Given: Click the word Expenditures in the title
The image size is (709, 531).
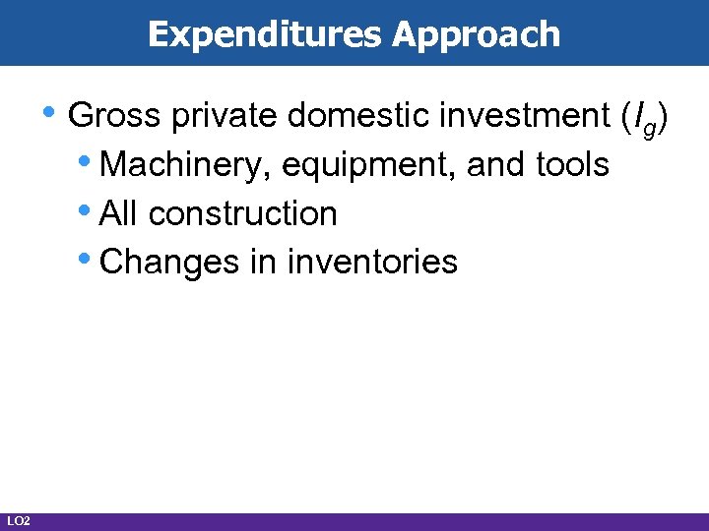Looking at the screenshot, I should coord(265,34).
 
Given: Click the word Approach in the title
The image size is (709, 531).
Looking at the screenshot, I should coord(476,34).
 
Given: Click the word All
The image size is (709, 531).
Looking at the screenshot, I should coord(120,212).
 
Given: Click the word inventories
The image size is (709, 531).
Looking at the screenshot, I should coord(372,262).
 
